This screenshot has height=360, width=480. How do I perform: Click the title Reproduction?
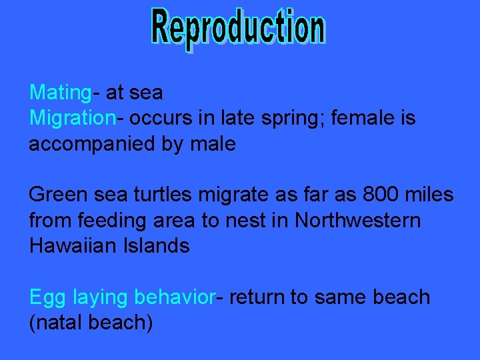tap(238, 29)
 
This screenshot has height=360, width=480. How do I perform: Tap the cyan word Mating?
tap(60, 93)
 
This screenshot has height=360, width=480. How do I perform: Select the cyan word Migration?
tap(72, 119)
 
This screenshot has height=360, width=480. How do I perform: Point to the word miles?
tap(431, 195)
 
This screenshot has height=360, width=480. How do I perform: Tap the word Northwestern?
tap(358, 221)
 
